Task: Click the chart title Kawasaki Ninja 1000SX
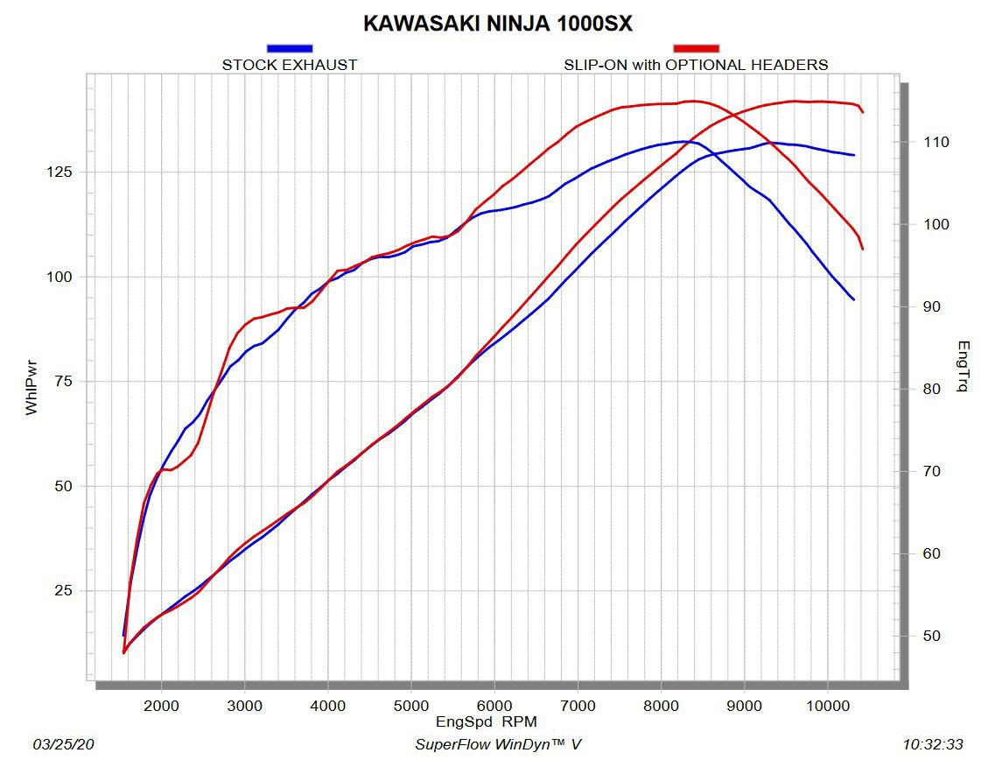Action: tap(497, 24)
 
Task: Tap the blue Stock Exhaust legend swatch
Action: tap(289, 48)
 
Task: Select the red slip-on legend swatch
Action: tap(696, 48)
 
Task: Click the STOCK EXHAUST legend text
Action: tap(289, 65)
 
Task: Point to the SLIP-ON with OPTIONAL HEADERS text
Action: tap(696, 65)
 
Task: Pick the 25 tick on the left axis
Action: tap(63, 590)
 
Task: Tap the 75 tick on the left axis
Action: tap(63, 381)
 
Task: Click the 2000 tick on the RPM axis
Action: tap(161, 705)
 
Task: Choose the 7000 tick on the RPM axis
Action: tap(578, 705)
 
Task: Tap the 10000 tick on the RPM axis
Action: tap(828, 705)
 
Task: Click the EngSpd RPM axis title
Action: tap(487, 722)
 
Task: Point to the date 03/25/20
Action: tap(63, 745)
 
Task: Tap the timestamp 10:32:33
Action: tap(933, 745)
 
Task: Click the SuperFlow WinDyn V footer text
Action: tap(497, 745)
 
